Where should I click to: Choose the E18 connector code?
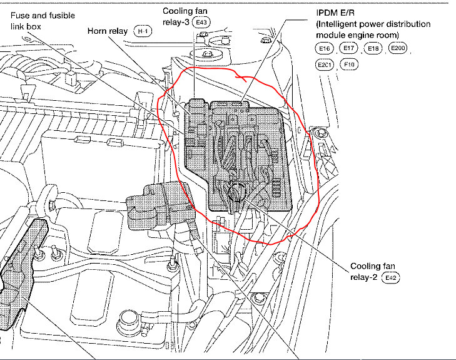tap(373, 48)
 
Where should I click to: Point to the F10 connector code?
tap(350, 64)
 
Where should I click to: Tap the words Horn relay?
tap(108, 31)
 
